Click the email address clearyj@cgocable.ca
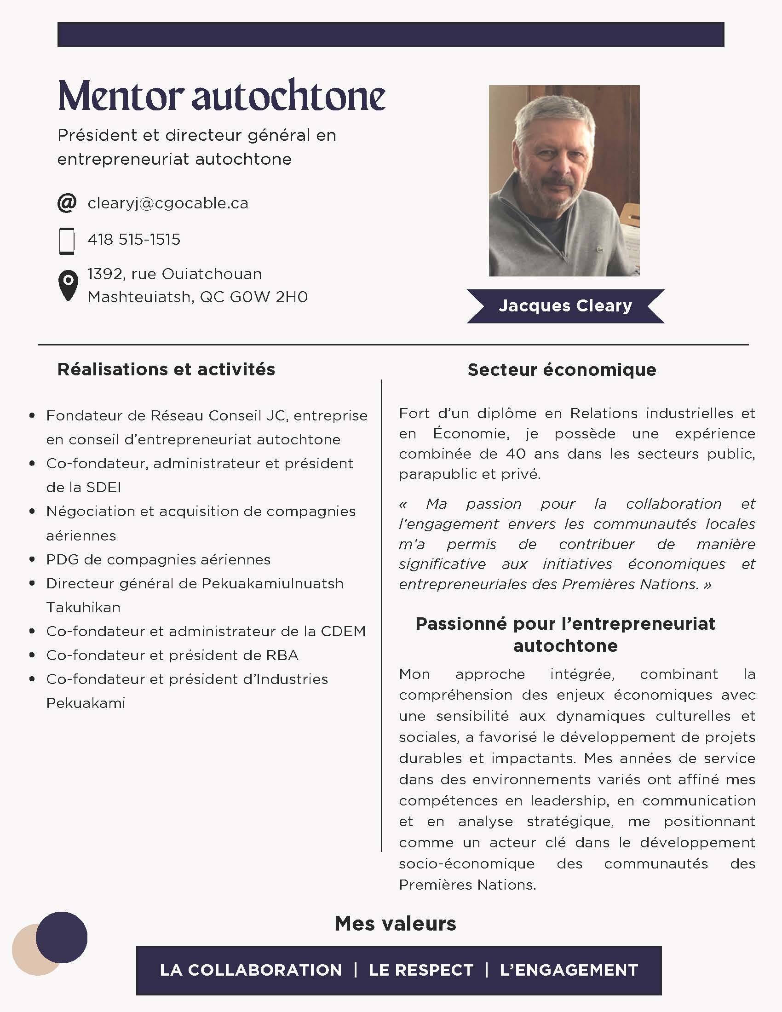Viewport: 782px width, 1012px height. (x=168, y=203)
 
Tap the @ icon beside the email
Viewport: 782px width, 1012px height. (x=67, y=203)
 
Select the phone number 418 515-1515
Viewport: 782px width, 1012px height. (x=134, y=240)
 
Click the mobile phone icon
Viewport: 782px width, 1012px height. (x=67, y=241)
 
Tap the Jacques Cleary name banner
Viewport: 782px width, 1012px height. (x=565, y=306)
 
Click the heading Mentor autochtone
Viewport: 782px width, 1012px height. (x=221, y=97)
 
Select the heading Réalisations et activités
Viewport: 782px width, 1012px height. (x=166, y=369)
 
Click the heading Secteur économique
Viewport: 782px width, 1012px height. (x=562, y=370)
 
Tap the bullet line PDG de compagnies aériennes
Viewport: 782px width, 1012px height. (x=158, y=560)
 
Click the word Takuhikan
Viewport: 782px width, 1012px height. (x=83, y=608)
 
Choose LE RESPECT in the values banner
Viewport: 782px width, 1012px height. (x=420, y=970)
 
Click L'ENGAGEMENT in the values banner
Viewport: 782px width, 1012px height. (x=569, y=970)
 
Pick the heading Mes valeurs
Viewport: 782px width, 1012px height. (x=395, y=924)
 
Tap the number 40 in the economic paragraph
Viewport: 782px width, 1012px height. (x=516, y=454)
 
